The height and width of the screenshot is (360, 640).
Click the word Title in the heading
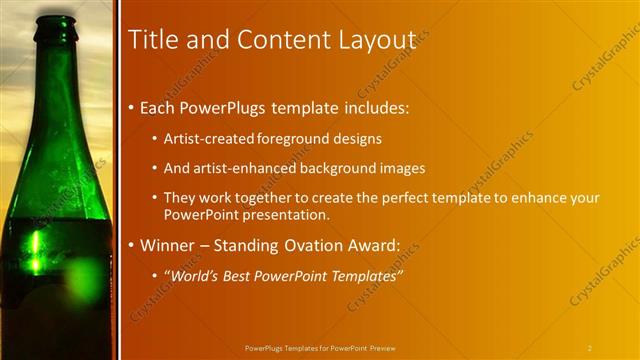coord(152,39)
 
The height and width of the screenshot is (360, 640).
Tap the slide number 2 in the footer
coord(590,348)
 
